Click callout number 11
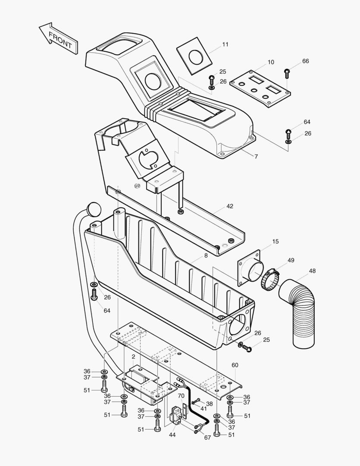click(225, 44)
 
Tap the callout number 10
click(271, 62)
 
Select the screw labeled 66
click(287, 73)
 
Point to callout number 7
click(257, 156)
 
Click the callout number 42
click(230, 206)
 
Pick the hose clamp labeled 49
click(270, 279)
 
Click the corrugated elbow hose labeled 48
click(298, 312)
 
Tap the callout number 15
click(275, 241)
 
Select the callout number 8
click(206, 255)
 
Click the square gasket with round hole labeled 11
click(194, 56)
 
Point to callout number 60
click(235, 365)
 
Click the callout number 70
click(181, 396)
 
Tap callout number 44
click(172, 435)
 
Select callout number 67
click(207, 438)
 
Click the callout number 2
click(133, 357)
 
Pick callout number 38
click(210, 403)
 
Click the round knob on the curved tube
click(94, 210)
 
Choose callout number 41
click(203, 409)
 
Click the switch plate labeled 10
click(260, 89)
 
